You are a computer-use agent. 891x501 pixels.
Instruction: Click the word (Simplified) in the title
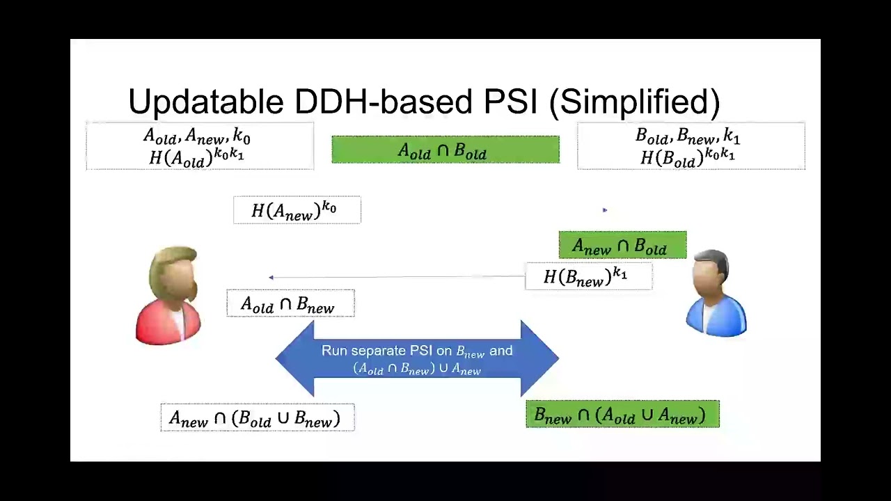tap(634, 102)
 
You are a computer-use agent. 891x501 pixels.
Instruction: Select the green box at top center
tap(445, 150)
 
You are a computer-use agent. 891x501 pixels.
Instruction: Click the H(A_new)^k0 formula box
tap(297, 210)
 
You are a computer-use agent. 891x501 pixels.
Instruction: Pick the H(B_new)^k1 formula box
tap(588, 276)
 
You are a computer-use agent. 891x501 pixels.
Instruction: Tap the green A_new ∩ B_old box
tap(622, 245)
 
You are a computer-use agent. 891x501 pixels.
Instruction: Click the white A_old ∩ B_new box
tap(290, 304)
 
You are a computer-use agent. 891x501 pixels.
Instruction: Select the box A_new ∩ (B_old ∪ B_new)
tap(257, 417)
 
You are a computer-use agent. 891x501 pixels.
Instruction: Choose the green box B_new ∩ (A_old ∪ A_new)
tap(622, 415)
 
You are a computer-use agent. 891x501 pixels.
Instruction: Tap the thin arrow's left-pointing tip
tap(271, 278)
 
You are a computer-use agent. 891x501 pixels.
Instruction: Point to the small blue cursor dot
tap(604, 209)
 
